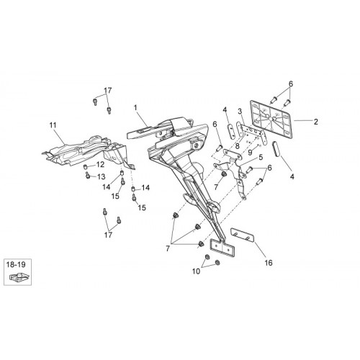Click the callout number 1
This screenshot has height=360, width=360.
[x=135, y=108]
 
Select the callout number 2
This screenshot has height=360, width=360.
[x=316, y=122]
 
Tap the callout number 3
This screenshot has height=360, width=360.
[x=240, y=112]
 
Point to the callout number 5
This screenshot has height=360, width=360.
[x=261, y=158]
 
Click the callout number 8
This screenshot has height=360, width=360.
[x=238, y=146]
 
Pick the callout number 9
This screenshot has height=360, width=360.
[x=250, y=152]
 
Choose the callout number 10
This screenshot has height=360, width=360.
[x=196, y=271]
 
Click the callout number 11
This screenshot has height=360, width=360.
[x=53, y=125]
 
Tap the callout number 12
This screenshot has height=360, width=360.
[x=101, y=165]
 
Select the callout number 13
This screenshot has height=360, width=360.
[x=102, y=177]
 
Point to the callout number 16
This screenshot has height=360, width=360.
[x=269, y=263]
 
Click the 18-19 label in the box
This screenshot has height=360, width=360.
[x=16, y=265]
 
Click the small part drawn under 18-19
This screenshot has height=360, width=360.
[x=19, y=277]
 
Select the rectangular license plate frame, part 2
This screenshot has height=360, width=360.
[x=271, y=120]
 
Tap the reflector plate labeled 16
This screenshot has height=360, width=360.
[x=243, y=235]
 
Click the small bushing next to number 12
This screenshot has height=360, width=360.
[x=85, y=166]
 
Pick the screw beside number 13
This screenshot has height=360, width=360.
[x=87, y=176]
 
